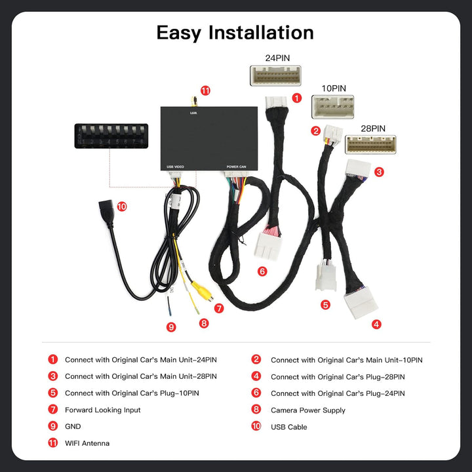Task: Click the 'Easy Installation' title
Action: tap(235, 33)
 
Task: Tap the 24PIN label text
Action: tap(277, 58)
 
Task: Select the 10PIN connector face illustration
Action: tap(332, 107)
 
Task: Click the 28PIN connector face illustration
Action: tap(370, 144)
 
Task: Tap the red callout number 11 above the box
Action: tap(206, 90)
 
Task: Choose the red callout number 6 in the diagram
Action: tap(262, 271)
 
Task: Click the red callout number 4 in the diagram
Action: tap(376, 324)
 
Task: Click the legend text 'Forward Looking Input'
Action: tap(102, 410)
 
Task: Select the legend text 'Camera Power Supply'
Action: tap(307, 410)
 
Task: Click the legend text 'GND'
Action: tap(73, 427)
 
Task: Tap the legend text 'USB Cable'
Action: tap(288, 427)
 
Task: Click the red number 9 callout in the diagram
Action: tap(171, 327)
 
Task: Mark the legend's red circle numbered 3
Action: tap(52, 376)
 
